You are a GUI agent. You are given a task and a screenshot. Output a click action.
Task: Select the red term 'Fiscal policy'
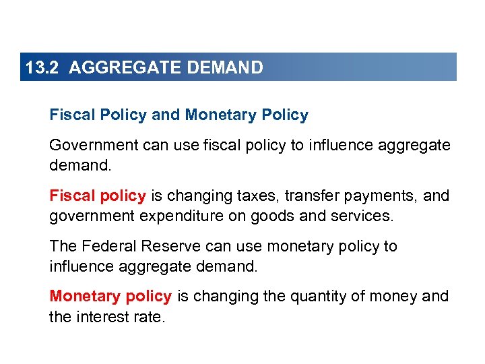98,196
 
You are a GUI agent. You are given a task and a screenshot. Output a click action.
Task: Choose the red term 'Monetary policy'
110,297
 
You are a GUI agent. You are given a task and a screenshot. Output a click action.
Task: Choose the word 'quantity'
315,297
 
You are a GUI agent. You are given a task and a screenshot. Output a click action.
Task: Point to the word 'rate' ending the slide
147,316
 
